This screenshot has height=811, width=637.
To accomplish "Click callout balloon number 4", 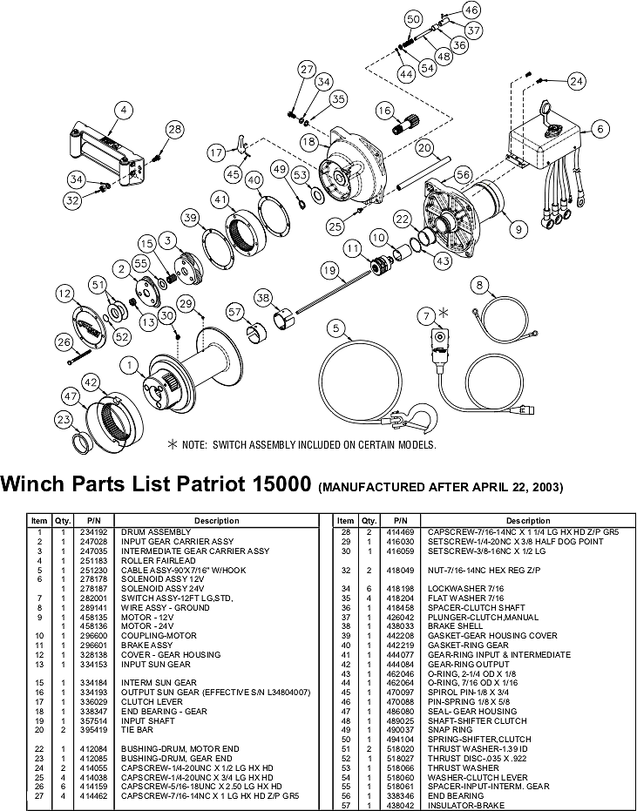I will click(x=124, y=111).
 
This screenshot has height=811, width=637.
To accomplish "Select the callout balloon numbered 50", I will click(x=413, y=19).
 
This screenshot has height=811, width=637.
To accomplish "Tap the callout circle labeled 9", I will click(x=519, y=230).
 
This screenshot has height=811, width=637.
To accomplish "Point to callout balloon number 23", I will click(x=63, y=420).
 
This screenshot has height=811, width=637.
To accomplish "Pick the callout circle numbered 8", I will click(x=478, y=285).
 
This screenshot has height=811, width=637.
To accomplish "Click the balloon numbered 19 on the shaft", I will click(x=329, y=271).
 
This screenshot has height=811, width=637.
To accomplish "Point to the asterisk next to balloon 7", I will click(x=444, y=312).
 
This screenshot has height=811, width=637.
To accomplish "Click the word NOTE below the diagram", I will click(x=196, y=444).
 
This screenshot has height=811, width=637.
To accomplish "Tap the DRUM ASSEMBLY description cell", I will click(x=156, y=532).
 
